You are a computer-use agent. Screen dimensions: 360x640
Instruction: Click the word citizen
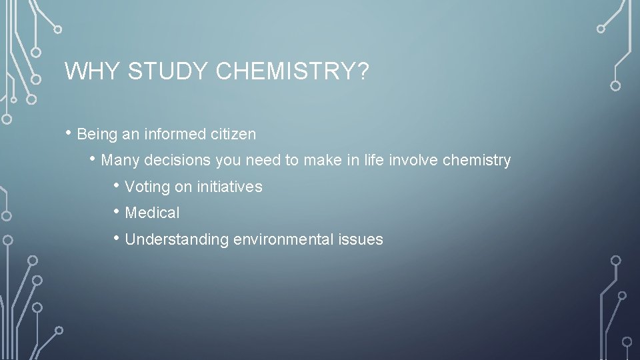coord(234,134)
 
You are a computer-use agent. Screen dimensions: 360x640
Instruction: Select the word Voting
coord(147,187)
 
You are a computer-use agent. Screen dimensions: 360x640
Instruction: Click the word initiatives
coord(228,187)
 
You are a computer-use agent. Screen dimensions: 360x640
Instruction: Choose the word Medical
coord(152,213)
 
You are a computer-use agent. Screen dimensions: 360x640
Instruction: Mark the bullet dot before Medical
coord(117,211)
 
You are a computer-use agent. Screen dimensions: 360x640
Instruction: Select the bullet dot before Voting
coord(117,185)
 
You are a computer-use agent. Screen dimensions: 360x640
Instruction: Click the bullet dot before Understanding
coord(117,237)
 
